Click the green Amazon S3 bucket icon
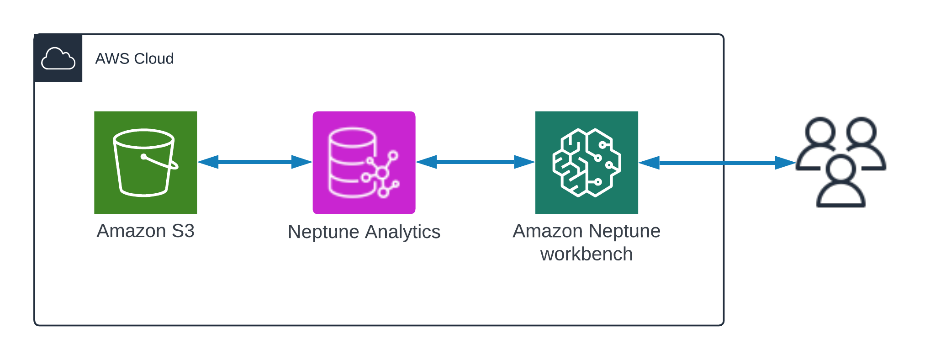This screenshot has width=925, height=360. (x=145, y=162)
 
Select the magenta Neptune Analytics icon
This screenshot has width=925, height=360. (x=364, y=162)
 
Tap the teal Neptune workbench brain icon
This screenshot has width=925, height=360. (x=587, y=162)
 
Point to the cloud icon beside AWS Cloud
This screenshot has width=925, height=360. (x=58, y=58)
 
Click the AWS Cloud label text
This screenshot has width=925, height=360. (x=134, y=58)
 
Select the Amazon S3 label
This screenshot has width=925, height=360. (x=145, y=231)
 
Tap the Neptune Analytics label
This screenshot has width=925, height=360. (x=364, y=232)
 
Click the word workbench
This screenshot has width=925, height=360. (x=587, y=254)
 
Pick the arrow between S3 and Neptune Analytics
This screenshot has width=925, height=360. (x=255, y=162)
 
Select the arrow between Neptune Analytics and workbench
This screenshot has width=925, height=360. (x=475, y=162)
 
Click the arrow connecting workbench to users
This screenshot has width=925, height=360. (x=717, y=162)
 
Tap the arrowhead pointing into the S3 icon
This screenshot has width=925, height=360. (x=208, y=162)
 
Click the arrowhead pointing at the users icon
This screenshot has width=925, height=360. (x=786, y=162)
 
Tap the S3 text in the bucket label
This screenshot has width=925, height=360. (x=183, y=231)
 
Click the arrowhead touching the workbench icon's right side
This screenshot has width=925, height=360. (x=649, y=162)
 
